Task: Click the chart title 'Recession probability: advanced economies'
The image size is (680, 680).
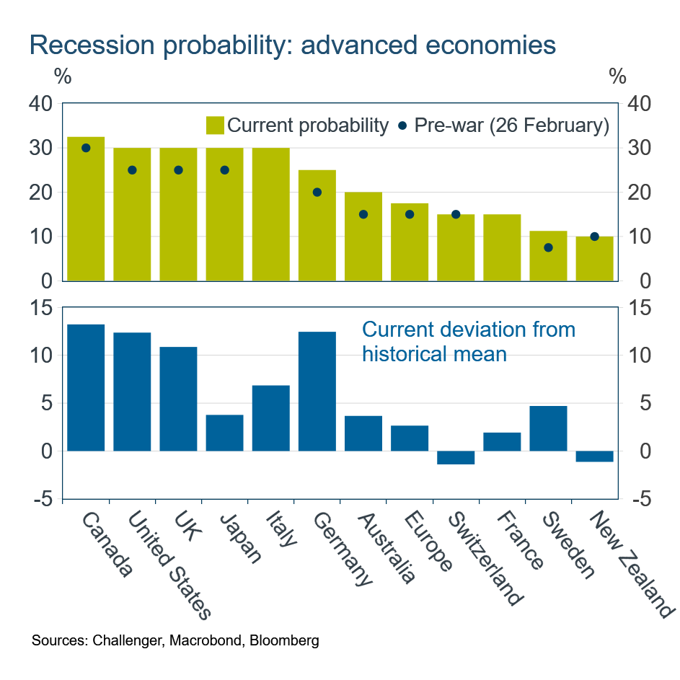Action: point(292,45)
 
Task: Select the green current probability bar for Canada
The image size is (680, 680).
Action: point(86,209)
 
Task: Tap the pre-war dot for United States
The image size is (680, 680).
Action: point(132,170)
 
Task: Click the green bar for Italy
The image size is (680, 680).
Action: point(270,214)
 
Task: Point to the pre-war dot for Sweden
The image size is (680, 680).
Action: point(548,247)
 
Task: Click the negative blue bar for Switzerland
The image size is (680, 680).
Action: point(456,457)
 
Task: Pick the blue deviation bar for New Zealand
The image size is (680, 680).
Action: point(594,456)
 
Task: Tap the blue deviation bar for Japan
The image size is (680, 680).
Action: point(224,433)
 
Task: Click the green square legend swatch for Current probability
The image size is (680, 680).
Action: point(215,125)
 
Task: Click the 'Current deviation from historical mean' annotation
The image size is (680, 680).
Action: point(468,342)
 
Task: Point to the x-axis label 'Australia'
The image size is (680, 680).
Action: point(387,547)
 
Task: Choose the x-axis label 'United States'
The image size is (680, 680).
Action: point(170,565)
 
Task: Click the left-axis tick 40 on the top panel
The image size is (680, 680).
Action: point(40,103)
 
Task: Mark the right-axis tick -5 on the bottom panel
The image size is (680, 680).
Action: point(640,499)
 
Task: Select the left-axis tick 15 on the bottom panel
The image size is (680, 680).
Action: point(40,308)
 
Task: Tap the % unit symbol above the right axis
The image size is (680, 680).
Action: point(617,76)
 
